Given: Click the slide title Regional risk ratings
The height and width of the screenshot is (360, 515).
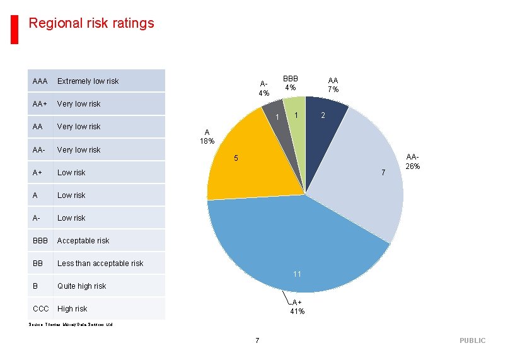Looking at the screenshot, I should click(x=91, y=23).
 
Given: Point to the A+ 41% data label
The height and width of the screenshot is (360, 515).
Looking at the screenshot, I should click(x=298, y=306).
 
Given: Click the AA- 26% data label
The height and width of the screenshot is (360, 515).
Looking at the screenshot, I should click(x=413, y=161).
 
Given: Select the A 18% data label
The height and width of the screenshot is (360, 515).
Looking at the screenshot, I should click(x=207, y=136).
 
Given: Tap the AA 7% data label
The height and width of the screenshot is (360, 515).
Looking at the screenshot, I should click(x=333, y=84).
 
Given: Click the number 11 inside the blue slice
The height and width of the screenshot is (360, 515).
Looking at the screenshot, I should click(x=298, y=274).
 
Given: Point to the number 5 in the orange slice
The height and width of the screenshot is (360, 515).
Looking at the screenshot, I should click(x=236, y=158).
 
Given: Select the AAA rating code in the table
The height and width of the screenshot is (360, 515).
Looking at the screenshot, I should click(x=40, y=81).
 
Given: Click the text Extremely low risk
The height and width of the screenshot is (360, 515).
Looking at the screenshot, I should click(x=88, y=81).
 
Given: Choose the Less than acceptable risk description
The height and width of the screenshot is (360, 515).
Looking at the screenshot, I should click(x=100, y=263).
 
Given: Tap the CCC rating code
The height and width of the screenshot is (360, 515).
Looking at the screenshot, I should click(x=41, y=308).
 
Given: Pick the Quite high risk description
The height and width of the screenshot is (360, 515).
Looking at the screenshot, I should click(x=81, y=286).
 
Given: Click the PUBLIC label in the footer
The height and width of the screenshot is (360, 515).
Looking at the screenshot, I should click(x=472, y=340).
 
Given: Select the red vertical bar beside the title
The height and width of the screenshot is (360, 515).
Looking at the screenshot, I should click(x=14, y=30).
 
